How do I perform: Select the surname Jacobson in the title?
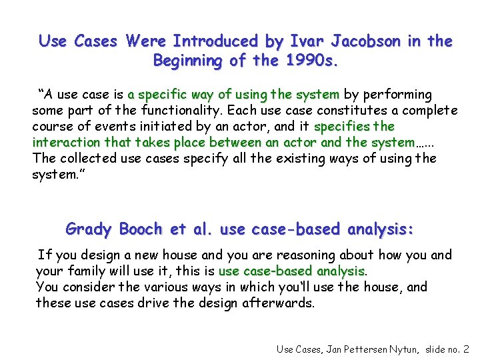pos(367,41)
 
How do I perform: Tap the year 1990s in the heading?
pos(314,61)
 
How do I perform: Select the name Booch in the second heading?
pos(141,229)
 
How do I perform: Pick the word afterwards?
pos(283,303)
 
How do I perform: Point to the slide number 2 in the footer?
pos(465,349)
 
